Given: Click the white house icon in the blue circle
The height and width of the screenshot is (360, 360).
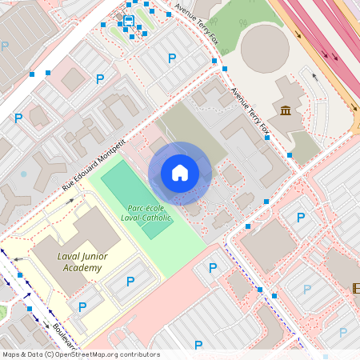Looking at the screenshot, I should tap(180, 173).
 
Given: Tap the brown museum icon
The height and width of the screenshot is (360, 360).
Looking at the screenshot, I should tap(286, 111).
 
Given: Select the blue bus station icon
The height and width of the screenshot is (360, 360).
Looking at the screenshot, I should tap(129, 20).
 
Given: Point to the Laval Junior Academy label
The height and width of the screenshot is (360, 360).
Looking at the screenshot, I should tap(68, 262).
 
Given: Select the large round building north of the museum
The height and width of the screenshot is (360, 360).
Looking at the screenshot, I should tap(265, 47).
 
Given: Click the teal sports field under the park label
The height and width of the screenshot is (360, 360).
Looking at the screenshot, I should tap(136, 192).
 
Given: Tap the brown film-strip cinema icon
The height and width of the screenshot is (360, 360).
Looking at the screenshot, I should tap(356, 288).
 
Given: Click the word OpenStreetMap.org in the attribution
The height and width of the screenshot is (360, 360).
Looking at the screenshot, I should tap(86, 354).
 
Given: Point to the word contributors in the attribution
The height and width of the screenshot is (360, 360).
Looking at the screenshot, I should tap(138, 354).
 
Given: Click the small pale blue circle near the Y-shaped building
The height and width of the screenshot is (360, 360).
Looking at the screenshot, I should tap(23, 174).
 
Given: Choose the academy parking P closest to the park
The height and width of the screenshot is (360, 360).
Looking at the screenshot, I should tap(130, 281).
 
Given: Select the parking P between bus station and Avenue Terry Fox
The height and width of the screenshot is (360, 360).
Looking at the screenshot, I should tap(171, 58).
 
